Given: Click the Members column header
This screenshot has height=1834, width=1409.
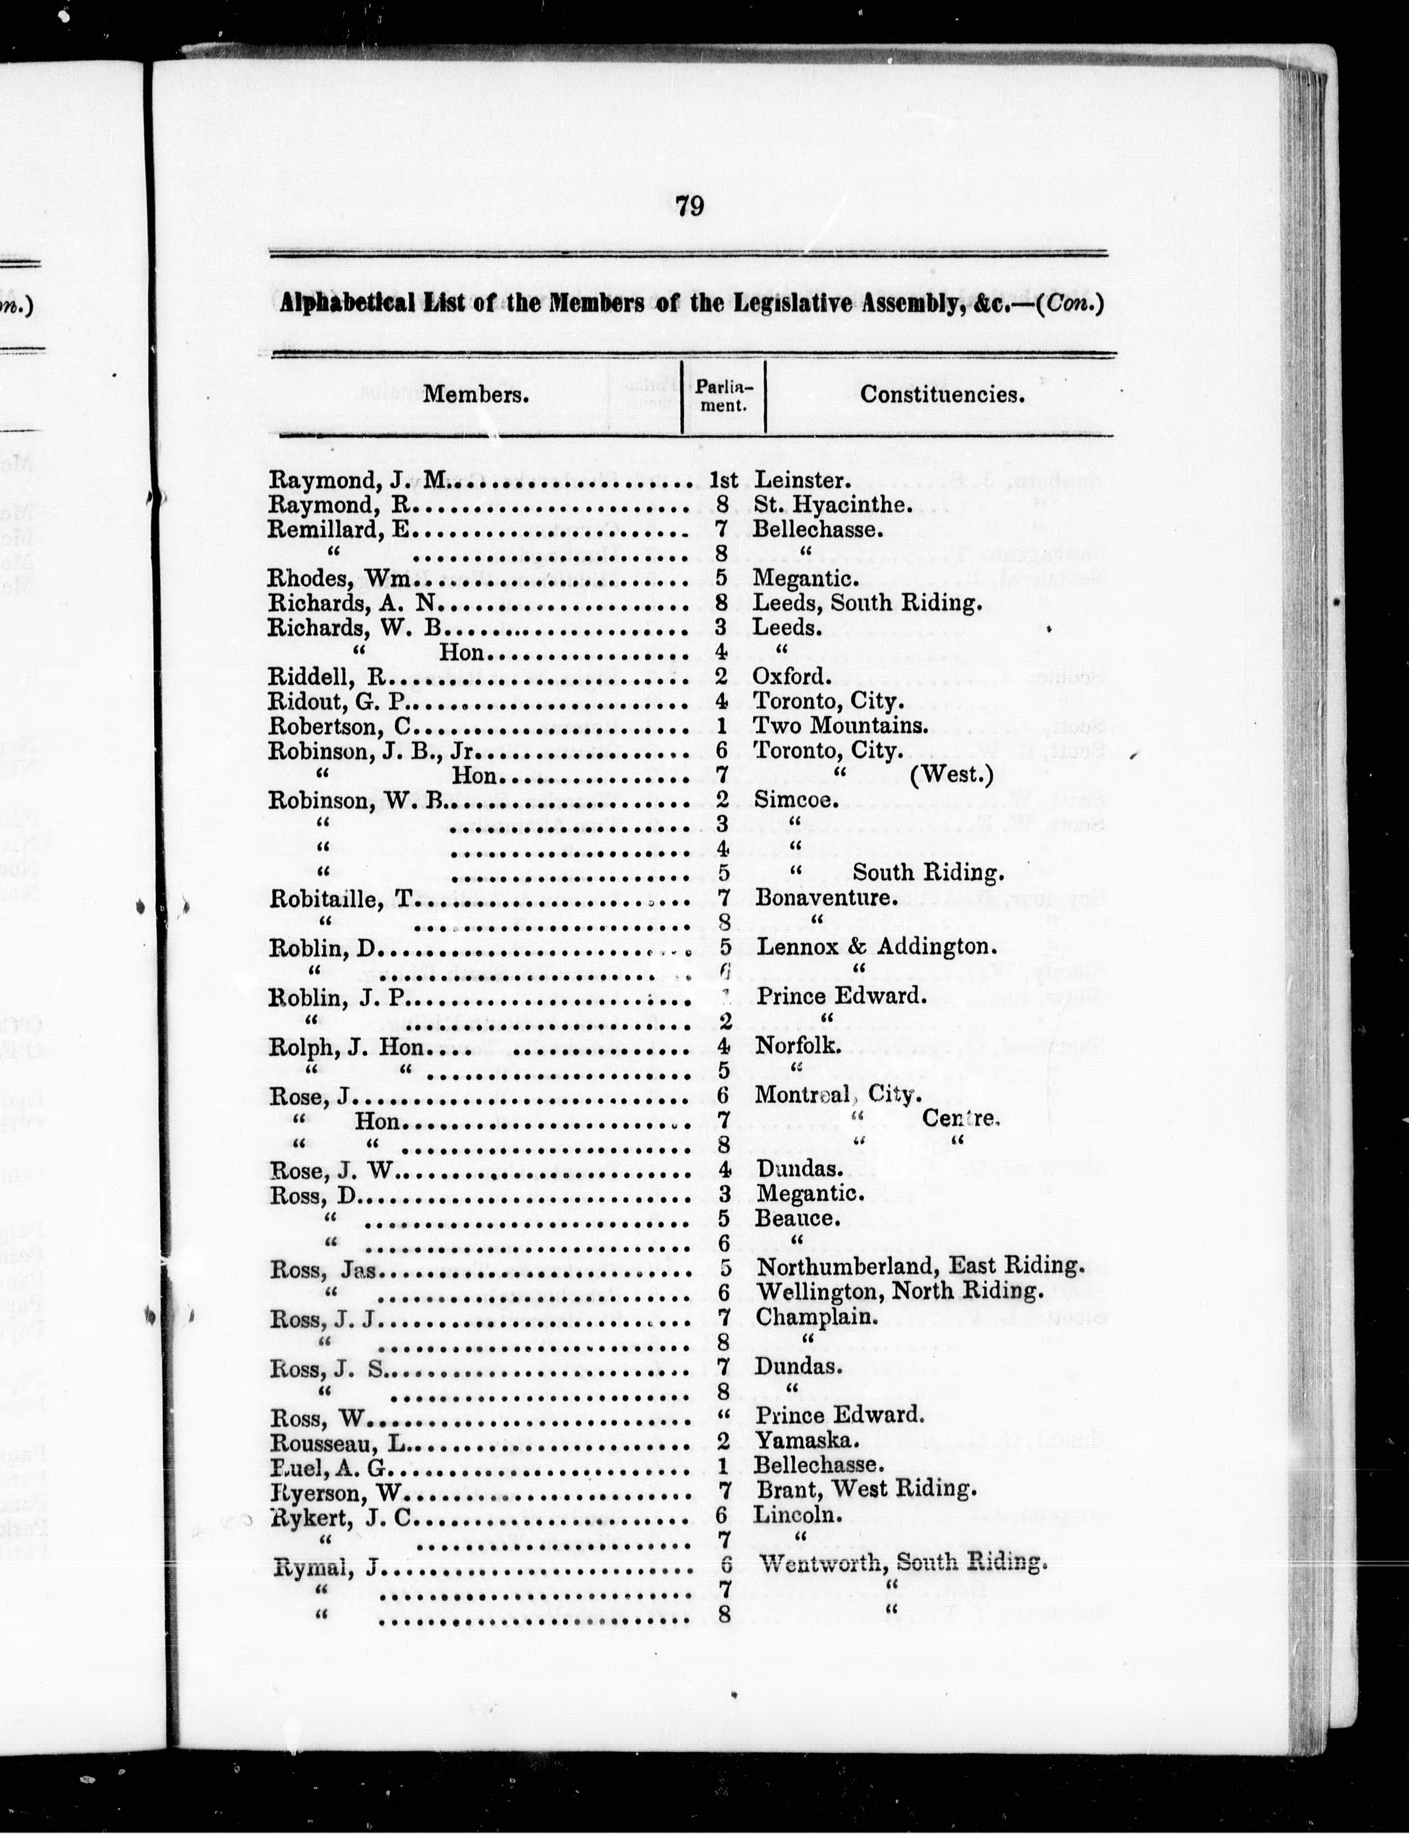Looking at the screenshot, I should pos(476,394).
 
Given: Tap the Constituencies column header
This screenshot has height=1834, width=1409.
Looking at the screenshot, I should pos(942,394).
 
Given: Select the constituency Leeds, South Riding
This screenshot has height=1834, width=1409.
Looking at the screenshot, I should pos(866,603).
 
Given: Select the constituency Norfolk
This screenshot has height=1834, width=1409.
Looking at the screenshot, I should pos(798,1045).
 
